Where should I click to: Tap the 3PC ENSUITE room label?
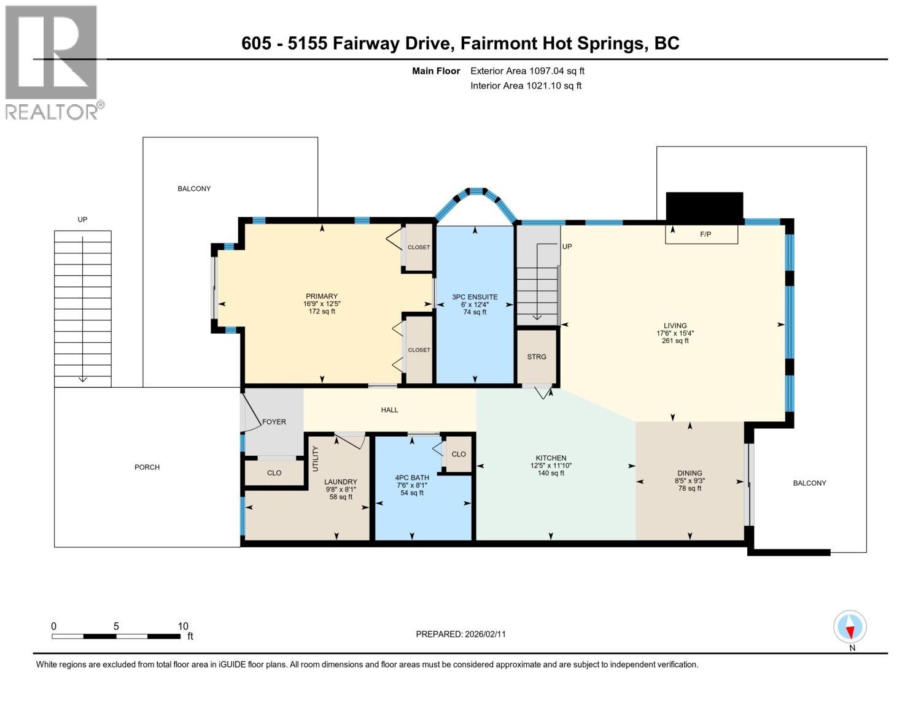coord(475,297)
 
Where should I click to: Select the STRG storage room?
coord(537,356)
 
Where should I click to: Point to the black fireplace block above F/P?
coord(704,208)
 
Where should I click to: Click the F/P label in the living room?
coord(705,234)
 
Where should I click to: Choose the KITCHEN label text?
coord(551,458)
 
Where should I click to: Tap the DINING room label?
coord(690,473)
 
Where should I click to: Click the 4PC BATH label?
coord(411,477)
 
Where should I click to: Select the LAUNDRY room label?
coord(341,482)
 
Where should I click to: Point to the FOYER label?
coord(274,421)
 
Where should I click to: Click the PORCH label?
coord(147,467)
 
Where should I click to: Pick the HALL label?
coord(389,410)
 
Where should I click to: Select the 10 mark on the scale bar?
coord(182,626)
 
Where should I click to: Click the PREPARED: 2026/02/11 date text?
coord(460,634)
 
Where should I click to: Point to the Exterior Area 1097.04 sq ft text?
coord(527,71)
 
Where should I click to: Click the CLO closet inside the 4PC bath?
coord(459,454)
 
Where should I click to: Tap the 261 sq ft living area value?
coord(675,340)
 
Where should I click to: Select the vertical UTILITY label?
coord(316,458)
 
